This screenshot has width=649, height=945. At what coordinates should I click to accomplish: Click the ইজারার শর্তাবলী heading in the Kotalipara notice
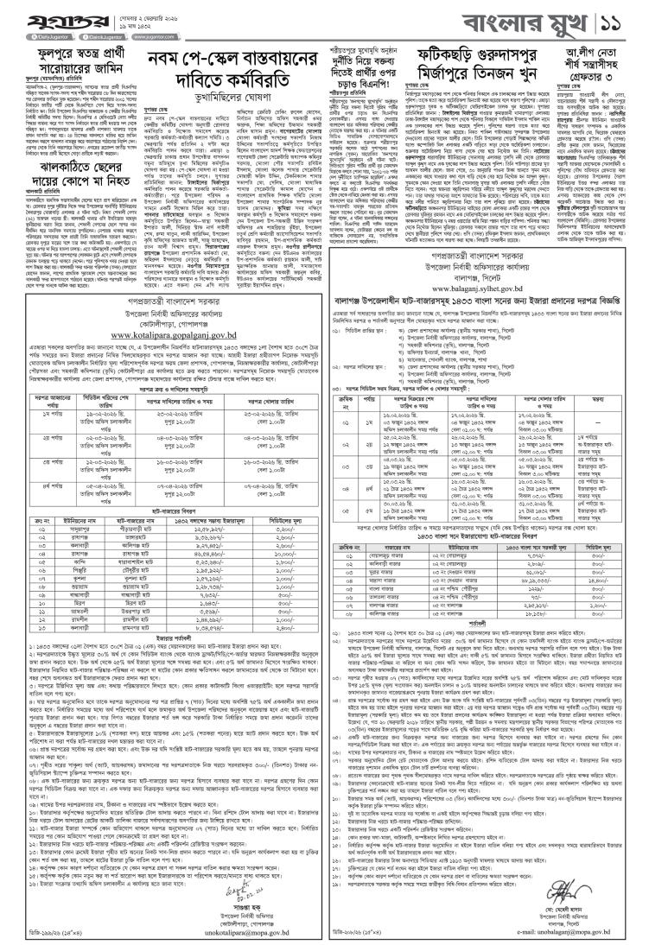[164, 640]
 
